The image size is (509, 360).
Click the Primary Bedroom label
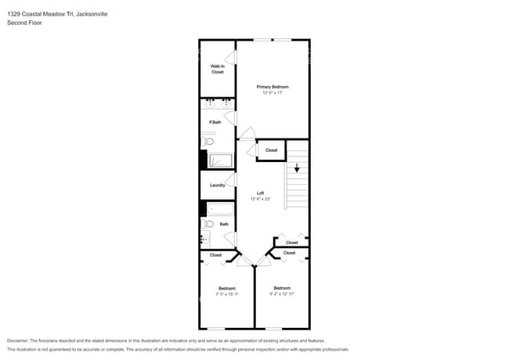tap(273, 86)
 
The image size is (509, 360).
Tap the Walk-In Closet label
tap(217, 69)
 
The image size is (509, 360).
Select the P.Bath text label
tap(215, 123)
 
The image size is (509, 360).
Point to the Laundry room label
tap(217, 185)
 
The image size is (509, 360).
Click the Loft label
tap(260, 193)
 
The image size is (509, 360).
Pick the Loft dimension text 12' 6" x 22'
tap(260, 200)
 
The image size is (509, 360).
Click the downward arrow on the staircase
tap(297, 167)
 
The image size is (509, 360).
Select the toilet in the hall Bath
tap(208, 224)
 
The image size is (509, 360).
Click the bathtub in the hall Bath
tap(220, 209)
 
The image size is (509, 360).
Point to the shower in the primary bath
tap(220, 160)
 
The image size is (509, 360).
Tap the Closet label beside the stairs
tap(271, 150)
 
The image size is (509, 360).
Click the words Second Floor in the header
tap(24, 23)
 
